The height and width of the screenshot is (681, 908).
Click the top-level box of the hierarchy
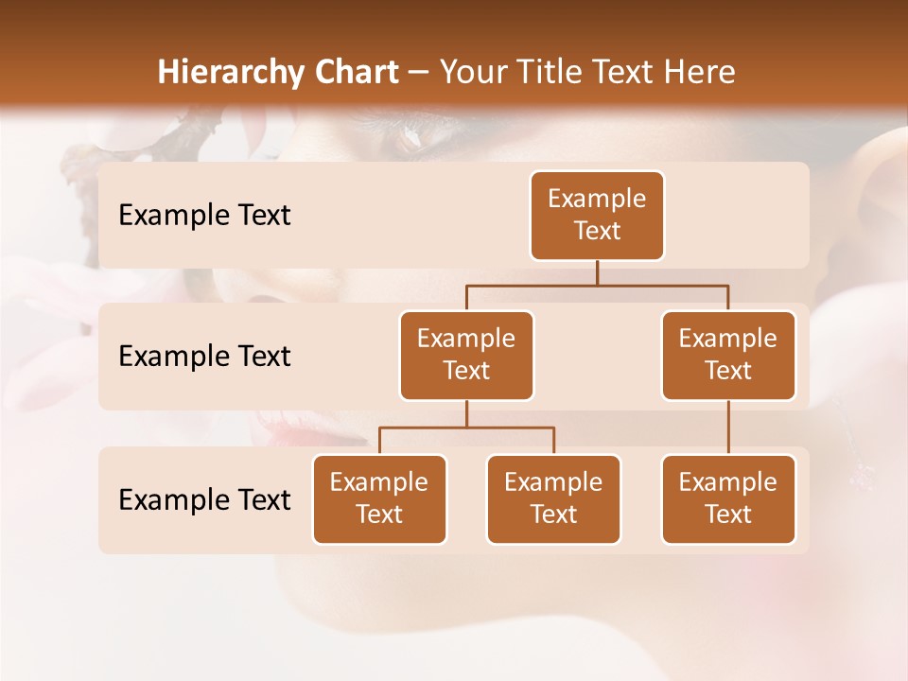(x=597, y=216)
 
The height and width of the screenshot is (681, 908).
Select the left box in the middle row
(x=466, y=356)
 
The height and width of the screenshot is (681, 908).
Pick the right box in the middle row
(x=728, y=356)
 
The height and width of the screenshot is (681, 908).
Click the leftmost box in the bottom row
(x=379, y=499)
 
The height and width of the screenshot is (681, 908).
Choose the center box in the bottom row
(x=553, y=499)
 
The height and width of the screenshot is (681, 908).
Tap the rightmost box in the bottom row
(x=728, y=499)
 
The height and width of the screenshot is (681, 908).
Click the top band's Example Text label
(x=204, y=216)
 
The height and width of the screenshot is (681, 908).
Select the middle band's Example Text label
(x=204, y=357)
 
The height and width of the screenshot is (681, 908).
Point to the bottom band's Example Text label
(x=204, y=499)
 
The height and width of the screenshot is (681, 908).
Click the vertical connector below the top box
(x=597, y=272)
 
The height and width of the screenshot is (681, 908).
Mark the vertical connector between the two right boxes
(x=728, y=428)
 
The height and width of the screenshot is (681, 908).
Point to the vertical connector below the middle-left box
(x=466, y=413)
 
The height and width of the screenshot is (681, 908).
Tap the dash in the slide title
(x=419, y=73)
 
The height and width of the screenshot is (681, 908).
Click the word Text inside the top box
(x=597, y=231)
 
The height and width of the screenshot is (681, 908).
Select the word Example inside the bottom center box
(x=553, y=483)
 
